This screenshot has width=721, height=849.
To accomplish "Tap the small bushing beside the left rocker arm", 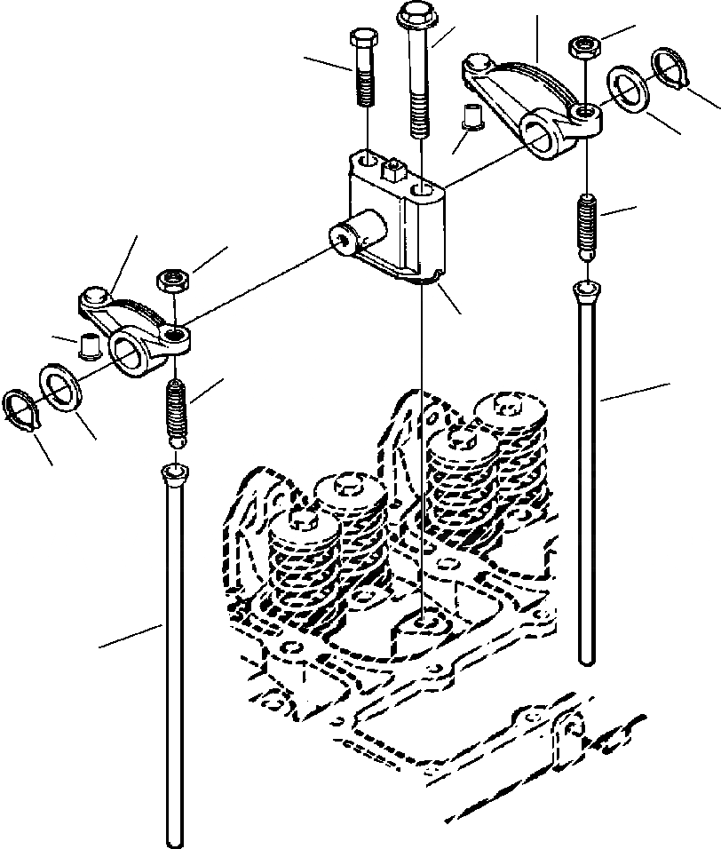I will pyautogui.click(x=87, y=344).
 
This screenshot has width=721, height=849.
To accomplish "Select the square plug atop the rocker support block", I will pyautogui.click(x=391, y=169).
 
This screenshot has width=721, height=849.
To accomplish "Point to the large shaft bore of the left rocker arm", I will pyautogui.click(x=128, y=350).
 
